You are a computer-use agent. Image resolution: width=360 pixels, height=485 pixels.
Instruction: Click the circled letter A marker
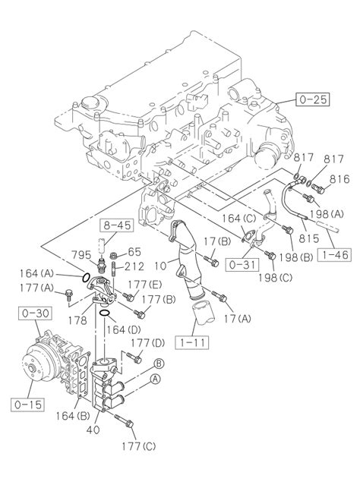click(155, 379)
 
